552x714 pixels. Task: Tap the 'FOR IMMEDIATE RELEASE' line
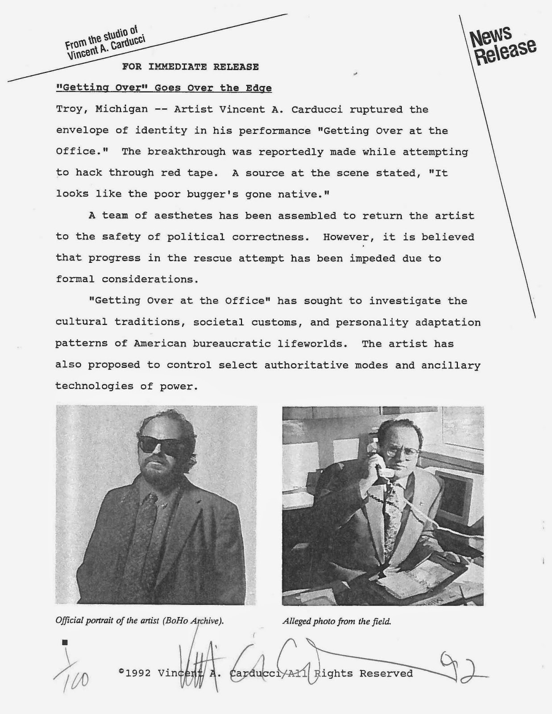pyautogui.click(x=191, y=67)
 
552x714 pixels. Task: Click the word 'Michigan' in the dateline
pyautogui.click(x=115, y=110)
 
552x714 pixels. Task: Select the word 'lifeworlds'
pyautogui.click(x=312, y=344)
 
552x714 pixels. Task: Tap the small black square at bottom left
pyautogui.click(x=65, y=642)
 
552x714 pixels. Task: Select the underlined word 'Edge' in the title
pyautogui.click(x=258, y=88)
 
